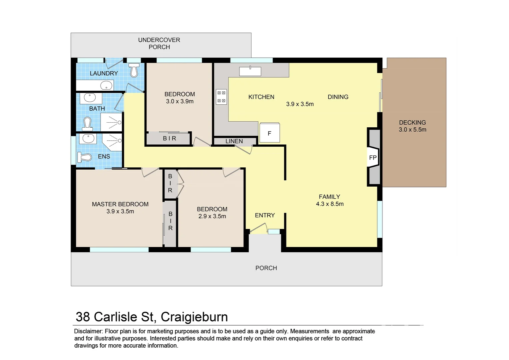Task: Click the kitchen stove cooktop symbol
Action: (222, 97)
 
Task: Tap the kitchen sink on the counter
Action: (250, 71)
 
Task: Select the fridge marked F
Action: (269, 133)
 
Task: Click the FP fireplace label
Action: (373, 158)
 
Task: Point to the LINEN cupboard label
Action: (234, 141)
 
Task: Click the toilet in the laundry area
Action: (134, 70)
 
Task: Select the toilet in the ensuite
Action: (84, 157)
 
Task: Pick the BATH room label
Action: (97, 109)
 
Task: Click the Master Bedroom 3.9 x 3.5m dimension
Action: (120, 211)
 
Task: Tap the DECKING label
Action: (412, 123)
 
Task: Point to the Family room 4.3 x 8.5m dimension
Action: (330, 204)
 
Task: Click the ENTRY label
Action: (265, 215)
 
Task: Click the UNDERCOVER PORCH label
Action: (159, 43)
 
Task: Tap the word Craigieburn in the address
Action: (194, 317)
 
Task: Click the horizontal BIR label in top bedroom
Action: (169, 138)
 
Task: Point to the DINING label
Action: (338, 97)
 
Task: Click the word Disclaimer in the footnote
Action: (88, 331)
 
